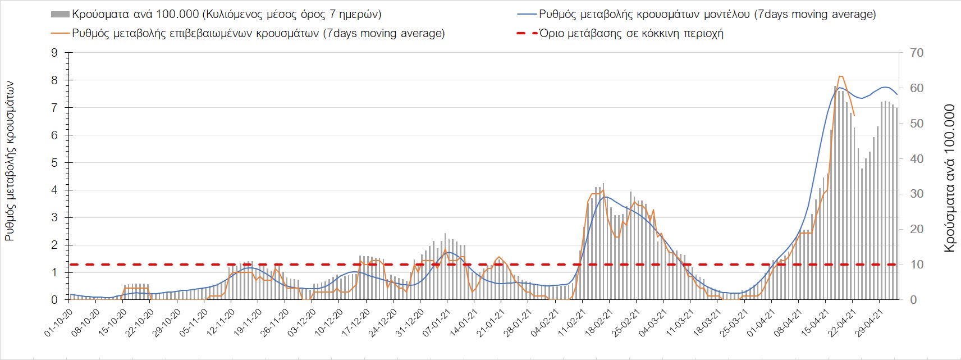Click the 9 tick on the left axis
coord(54,53)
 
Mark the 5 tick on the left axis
coord(54,163)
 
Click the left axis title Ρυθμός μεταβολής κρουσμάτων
coord(10,161)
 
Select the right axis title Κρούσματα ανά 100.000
coord(949,178)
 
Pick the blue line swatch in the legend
coord(526,14)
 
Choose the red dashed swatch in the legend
coord(526,33)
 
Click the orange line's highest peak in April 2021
coord(840,76)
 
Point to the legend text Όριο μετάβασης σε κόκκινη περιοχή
coord(631,33)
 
